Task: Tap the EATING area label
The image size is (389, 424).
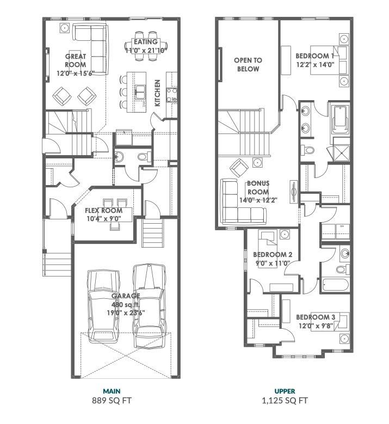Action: pos(145,42)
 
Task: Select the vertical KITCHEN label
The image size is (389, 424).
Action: pos(157,93)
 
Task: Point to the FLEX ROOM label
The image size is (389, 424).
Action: pos(103,211)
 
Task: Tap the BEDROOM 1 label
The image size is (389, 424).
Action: pos(315,56)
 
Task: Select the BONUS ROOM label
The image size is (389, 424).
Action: pos(258,188)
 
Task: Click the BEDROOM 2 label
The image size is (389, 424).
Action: pos(273,255)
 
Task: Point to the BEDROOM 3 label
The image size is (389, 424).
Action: pos(316,317)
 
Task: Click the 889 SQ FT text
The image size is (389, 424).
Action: pos(112,401)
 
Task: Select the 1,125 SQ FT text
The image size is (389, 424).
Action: pos(285,401)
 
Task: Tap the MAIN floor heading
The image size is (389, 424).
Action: pos(112,391)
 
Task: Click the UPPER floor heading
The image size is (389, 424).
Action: pos(285,391)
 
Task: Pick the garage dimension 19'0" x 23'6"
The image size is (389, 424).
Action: pos(126,314)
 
